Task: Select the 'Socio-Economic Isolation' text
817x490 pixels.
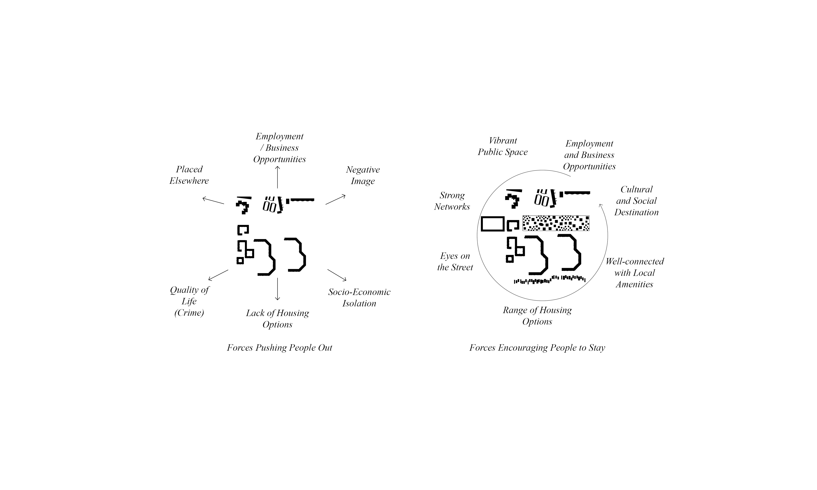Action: point(359,297)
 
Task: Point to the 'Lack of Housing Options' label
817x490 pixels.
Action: point(277,319)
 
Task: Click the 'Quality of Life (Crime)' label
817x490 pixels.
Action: point(189,301)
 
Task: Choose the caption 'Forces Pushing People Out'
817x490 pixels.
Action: point(279,348)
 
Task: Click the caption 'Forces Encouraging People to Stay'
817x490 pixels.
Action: point(537,348)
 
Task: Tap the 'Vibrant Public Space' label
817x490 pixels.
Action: point(503,146)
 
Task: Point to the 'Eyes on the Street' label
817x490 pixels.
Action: point(455,261)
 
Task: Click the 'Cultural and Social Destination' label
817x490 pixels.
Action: point(636,201)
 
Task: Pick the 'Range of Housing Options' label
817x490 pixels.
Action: point(537,316)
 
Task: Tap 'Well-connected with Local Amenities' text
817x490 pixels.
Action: point(634,273)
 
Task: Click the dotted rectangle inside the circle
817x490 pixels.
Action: point(556,223)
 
